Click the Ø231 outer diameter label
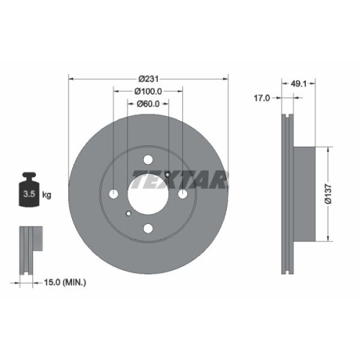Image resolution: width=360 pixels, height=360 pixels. coord(148,78)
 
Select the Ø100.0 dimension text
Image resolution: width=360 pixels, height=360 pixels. coord(148,91)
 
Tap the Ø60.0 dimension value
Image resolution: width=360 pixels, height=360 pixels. coord(148,104)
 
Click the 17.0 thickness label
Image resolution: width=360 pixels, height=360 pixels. coord(262,98)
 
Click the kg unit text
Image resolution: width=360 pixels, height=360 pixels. coord(48,195)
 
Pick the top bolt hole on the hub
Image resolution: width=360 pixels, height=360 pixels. coord(148,161)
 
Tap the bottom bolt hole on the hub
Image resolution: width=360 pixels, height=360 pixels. coord(148,229)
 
